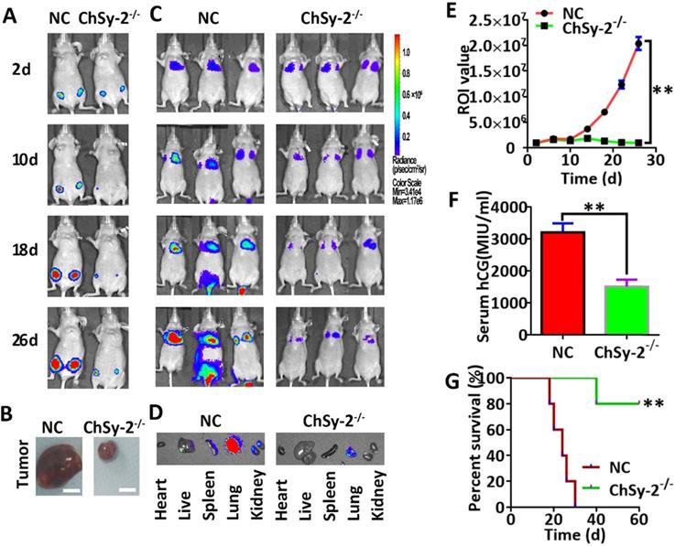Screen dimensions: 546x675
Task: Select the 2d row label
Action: pos(21,65)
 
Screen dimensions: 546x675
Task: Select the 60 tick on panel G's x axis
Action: pos(638,519)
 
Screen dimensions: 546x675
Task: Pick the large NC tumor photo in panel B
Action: pos(60,455)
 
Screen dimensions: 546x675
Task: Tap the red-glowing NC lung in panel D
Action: pos(233,444)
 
